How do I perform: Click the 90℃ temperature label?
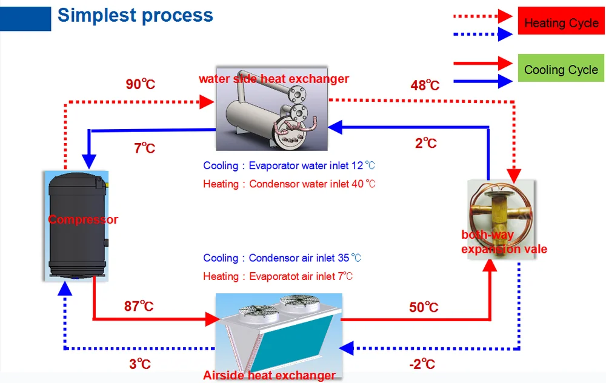coord(141,84)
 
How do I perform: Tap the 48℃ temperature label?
coord(425,85)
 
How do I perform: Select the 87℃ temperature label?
coord(139,306)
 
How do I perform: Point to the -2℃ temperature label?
coord(422,364)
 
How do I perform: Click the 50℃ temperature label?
coord(424,307)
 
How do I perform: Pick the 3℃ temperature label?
coord(140,364)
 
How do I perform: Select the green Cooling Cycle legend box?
coord(561,68)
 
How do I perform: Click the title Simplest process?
coord(135,16)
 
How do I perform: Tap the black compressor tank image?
coord(76,225)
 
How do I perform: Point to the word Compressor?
coord(83,219)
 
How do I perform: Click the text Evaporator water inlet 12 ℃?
coord(312,166)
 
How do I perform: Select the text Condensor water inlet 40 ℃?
coord(312,184)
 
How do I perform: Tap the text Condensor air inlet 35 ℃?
coord(305,258)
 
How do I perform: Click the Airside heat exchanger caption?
coord(270,375)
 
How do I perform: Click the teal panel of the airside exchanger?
coord(291,341)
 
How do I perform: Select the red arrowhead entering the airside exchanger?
coord(212,319)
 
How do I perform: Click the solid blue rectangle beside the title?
coord(25,19)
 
